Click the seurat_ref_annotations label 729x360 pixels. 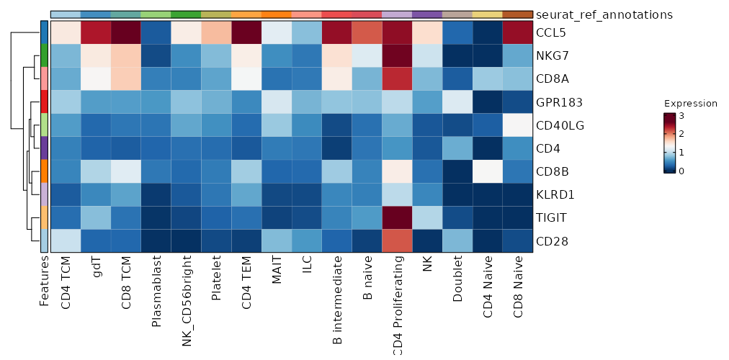(x=605, y=14)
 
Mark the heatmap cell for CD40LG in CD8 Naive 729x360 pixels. (x=518, y=125)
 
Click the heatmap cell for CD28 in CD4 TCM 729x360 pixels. (x=66, y=240)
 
